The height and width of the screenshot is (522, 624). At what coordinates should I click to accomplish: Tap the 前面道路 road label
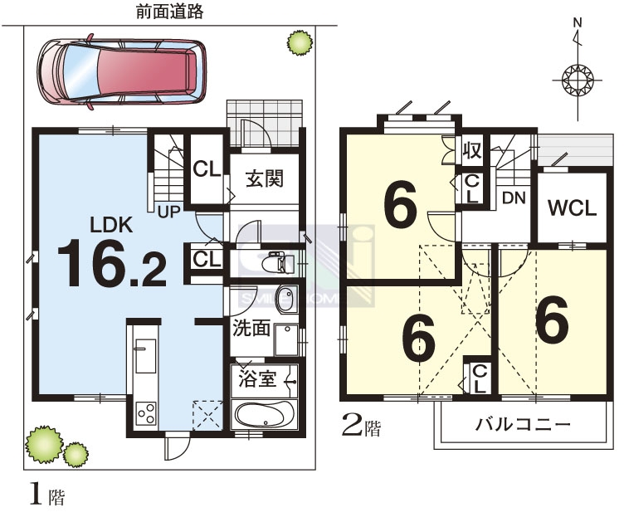click(x=170, y=12)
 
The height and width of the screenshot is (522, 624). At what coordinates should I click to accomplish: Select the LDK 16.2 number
click(x=112, y=263)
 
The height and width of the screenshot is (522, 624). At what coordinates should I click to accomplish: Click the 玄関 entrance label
click(x=265, y=178)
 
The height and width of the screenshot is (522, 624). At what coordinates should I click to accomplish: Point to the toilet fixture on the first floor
click(x=279, y=263)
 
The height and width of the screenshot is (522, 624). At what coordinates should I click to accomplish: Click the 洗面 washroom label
click(x=251, y=328)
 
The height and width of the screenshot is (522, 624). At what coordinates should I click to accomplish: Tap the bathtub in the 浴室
click(x=264, y=415)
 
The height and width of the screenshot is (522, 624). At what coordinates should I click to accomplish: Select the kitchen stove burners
click(x=146, y=414)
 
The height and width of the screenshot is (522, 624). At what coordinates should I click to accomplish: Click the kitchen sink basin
click(x=146, y=356)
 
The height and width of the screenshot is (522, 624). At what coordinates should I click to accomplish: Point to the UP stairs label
click(x=169, y=212)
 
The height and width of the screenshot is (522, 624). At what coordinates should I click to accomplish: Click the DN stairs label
click(x=514, y=198)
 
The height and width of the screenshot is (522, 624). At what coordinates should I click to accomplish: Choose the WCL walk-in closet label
click(x=573, y=207)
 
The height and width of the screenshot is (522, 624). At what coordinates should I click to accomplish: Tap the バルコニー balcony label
click(x=523, y=425)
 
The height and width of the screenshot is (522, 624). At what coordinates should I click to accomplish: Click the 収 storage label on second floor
click(x=472, y=150)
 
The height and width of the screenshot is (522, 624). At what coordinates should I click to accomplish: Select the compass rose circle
click(x=578, y=80)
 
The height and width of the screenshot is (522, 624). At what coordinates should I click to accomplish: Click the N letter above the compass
click(x=578, y=22)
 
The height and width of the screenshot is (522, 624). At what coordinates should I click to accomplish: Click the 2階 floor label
click(x=361, y=427)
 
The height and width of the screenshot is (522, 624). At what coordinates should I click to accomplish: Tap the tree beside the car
click(x=300, y=42)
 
